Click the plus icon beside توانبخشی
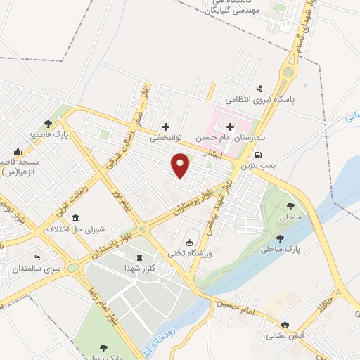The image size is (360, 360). pos(165,127)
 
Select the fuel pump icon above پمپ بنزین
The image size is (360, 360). pos(259,155)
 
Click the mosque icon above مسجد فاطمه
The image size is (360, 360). pos(18,150)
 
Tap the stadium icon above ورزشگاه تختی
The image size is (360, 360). pos(189,242)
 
